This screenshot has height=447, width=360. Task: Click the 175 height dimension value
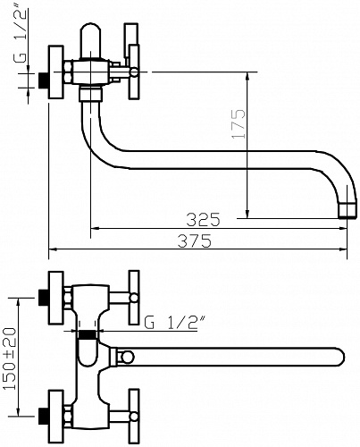coord(239,123)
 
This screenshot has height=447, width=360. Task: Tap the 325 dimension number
coord(203,220)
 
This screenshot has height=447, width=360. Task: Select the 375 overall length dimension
coord(195,240)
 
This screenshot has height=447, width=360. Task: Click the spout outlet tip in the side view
coord(347,210)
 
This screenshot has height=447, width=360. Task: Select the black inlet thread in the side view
coord(44,80)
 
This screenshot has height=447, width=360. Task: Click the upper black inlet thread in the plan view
coord(44,298)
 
